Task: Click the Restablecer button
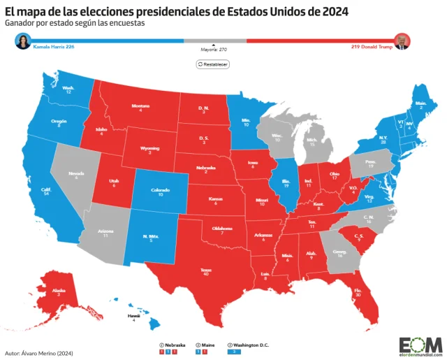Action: pos(213,64)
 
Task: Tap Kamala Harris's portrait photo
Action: pos(24,41)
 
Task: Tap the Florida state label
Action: pos(359,293)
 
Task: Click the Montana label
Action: pos(140,107)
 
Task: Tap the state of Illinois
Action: pos(286,185)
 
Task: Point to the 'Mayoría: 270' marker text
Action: pos(213,50)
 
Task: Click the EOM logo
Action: pos(420,344)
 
